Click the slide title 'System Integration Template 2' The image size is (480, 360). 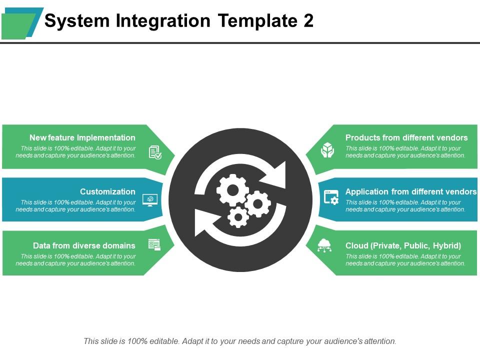pyautogui.click(x=178, y=21)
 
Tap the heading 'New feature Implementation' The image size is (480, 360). pyautogui.click(x=82, y=137)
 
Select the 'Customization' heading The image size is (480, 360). pyautogui.click(x=107, y=191)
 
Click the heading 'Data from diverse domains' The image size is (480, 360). pyautogui.click(x=84, y=245)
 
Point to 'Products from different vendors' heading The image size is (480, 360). pyautogui.click(x=406, y=137)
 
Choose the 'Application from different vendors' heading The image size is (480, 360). pyautogui.click(x=410, y=191)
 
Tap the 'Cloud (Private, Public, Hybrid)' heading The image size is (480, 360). pyautogui.click(x=403, y=245)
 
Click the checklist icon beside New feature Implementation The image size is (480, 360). pyautogui.click(x=155, y=152)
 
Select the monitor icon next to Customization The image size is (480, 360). pyautogui.click(x=150, y=199)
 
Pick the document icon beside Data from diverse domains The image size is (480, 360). pyautogui.click(x=154, y=244)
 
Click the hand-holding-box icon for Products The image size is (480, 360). pyautogui.click(x=327, y=150)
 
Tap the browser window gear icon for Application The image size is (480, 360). pyautogui.click(x=331, y=197)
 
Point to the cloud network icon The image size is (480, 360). pyautogui.click(x=324, y=245)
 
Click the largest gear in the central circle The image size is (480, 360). pyautogui.click(x=232, y=189)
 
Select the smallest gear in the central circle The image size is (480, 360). pyautogui.click(x=238, y=217)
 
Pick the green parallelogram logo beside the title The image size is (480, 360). pyautogui.click(x=18, y=26)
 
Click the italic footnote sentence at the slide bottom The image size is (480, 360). pyautogui.click(x=240, y=341)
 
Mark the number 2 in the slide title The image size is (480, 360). pyautogui.click(x=308, y=21)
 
